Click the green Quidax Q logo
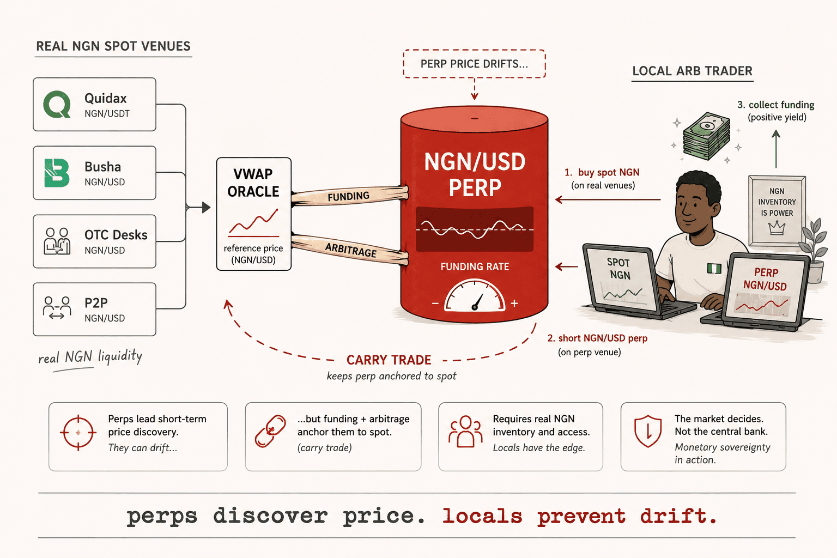tap(57, 104)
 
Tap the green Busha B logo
tap(57, 173)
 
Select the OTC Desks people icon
tap(57, 241)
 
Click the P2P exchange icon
tap(57, 308)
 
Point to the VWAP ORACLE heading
tap(253, 183)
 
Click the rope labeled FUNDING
tap(349, 196)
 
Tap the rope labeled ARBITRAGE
tap(350, 249)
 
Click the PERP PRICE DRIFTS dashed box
tap(474, 64)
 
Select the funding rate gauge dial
tap(475, 296)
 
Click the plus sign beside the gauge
tap(514, 303)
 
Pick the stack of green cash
tap(706, 136)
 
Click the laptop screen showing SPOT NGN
tap(620, 279)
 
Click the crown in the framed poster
tap(777, 227)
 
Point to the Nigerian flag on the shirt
tap(714, 268)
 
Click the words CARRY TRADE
tap(389, 360)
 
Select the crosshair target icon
tap(78, 433)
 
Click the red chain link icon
tap(270, 431)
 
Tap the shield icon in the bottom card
tap(648, 431)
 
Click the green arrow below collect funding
tap(776, 149)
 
